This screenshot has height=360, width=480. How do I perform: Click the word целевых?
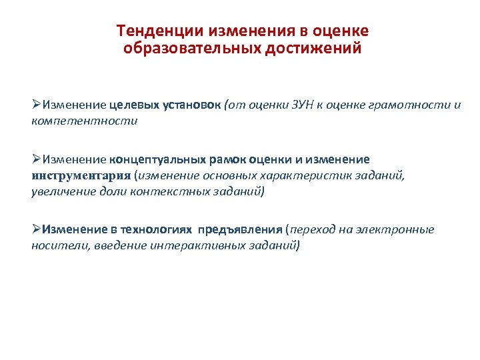(x=134, y=105)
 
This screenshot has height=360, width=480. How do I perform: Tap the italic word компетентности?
(x=84, y=121)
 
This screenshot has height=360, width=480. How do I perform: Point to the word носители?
(x=53, y=246)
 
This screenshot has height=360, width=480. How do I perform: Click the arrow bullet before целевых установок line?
(x=37, y=105)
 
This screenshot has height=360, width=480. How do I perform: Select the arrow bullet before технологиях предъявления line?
(x=37, y=230)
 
